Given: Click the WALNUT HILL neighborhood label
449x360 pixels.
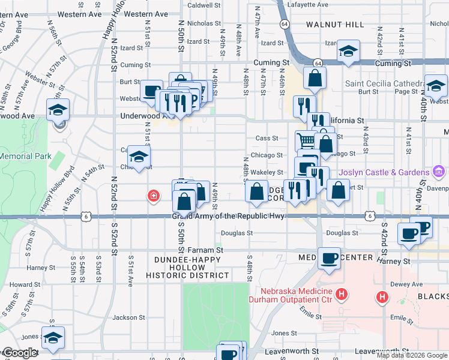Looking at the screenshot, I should click(334, 25).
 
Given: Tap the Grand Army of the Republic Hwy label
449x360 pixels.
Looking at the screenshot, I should click(228, 216).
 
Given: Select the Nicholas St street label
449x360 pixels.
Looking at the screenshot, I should click(204, 23).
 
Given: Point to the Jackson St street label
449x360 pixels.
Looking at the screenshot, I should click(125, 317).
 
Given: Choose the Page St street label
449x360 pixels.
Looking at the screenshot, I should click(406, 92).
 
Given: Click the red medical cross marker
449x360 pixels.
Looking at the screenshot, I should click(154, 195).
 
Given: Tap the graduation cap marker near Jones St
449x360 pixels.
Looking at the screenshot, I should click(53, 338).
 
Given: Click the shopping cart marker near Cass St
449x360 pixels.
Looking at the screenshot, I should click(306, 141).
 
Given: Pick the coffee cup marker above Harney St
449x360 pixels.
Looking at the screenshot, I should click(328, 258).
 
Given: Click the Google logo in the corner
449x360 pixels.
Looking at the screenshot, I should click(19, 353).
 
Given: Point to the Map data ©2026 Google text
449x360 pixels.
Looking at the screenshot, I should click(411, 355).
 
